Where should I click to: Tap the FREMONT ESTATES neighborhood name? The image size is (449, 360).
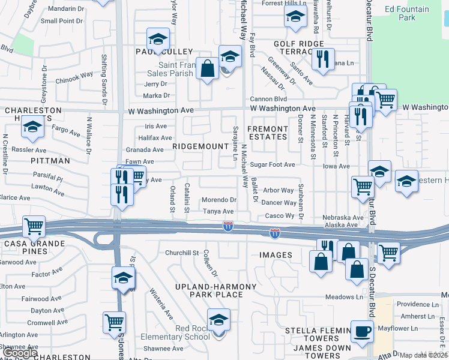[268, 133]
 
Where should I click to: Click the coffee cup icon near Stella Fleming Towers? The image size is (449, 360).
[362, 332]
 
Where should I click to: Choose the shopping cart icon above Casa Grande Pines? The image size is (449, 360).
[33, 227]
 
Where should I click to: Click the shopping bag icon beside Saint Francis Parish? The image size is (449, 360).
[207, 68]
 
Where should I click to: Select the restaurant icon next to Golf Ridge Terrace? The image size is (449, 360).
[323, 59]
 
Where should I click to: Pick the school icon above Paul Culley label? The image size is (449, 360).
[157, 40]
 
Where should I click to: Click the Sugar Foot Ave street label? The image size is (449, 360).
[273, 164]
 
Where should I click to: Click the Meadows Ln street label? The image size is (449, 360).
[345, 297]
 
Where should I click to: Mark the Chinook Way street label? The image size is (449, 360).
[74, 77]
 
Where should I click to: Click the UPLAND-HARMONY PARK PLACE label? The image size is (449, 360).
[200, 290]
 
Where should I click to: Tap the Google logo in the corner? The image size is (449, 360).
[20, 353]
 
